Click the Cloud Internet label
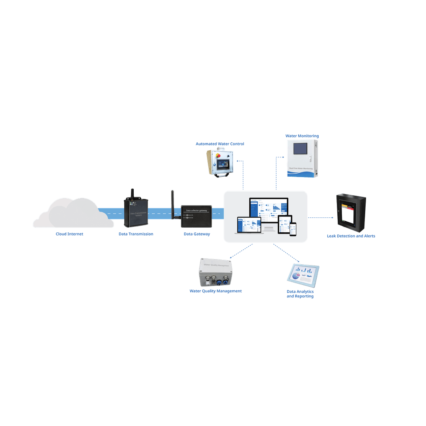tap(69, 234)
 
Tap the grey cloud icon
tap(73, 214)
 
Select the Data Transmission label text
tap(136, 234)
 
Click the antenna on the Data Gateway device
tap(172, 203)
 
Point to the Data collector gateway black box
tap(196, 216)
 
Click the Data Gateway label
tap(196, 234)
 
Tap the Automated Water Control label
tap(220, 144)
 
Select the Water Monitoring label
tap(302, 136)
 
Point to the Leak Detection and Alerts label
tap(351, 236)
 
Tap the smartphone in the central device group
tap(293, 229)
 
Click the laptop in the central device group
tap(248, 225)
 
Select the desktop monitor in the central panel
tap(268, 209)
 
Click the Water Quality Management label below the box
tap(215, 291)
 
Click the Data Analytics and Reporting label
tap(300, 294)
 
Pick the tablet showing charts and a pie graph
tap(303, 273)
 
